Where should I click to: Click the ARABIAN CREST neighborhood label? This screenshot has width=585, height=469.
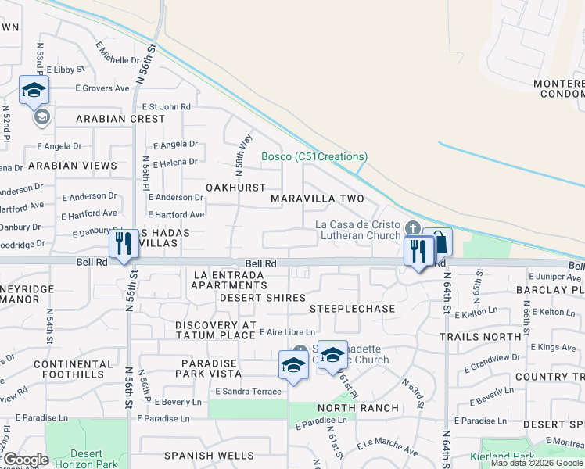(120, 119)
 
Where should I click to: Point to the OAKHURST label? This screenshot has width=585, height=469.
(235, 188)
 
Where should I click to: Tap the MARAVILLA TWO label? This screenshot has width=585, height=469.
(318, 199)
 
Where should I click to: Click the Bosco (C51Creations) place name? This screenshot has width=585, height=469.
(314, 157)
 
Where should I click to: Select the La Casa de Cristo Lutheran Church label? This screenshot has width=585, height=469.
(357, 230)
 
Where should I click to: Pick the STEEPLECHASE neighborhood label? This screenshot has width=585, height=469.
(352, 310)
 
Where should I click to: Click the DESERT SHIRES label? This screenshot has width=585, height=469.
(262, 298)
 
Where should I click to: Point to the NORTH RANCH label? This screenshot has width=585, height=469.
(357, 408)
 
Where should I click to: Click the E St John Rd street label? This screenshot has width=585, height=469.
(166, 106)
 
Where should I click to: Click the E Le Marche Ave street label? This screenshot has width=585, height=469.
(388, 448)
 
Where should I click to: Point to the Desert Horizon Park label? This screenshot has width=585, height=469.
(85, 459)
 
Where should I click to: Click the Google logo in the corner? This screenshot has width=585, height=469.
(27, 460)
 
